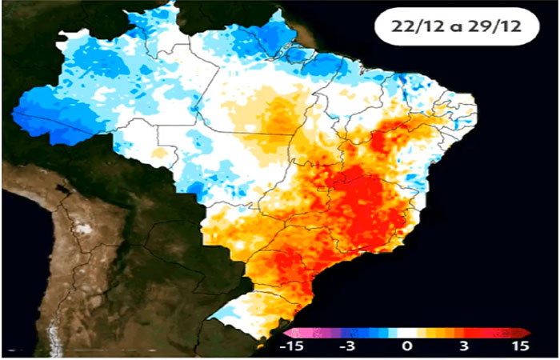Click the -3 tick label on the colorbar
click(346, 346)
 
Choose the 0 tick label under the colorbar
click(406, 346)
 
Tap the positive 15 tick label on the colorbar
click(518, 346)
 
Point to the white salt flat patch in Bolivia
click(81, 229)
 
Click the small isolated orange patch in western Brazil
click(159, 151)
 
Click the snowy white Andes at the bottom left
click(54, 336)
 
